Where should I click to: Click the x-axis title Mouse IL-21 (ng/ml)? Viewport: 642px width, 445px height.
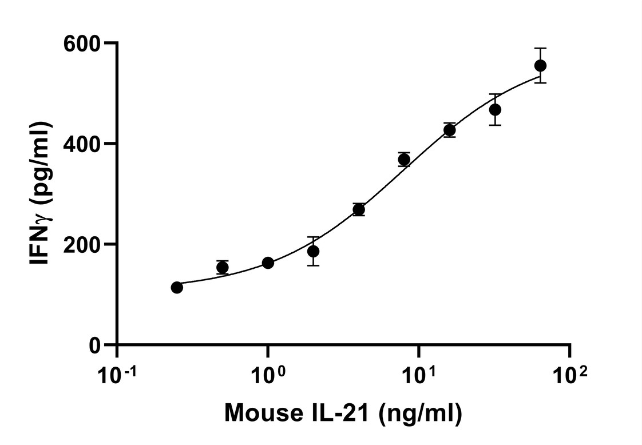click(x=343, y=413)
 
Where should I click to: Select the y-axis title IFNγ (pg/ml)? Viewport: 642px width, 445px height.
click(x=41, y=193)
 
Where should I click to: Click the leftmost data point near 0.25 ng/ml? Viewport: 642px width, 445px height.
click(x=177, y=287)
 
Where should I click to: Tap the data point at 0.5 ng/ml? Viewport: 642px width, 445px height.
click(x=223, y=267)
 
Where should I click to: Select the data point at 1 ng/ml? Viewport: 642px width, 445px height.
click(x=268, y=263)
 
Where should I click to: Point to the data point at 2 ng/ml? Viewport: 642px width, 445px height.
click(x=313, y=251)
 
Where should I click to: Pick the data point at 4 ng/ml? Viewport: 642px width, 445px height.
click(x=359, y=210)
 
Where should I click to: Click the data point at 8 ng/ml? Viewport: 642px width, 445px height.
click(x=404, y=160)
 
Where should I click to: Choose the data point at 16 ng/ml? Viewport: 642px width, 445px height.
click(x=450, y=130)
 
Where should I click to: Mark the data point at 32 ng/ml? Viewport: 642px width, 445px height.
click(x=495, y=109)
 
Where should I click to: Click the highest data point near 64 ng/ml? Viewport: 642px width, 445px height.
click(x=540, y=66)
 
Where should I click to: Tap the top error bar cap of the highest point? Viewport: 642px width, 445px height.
click(x=540, y=49)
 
